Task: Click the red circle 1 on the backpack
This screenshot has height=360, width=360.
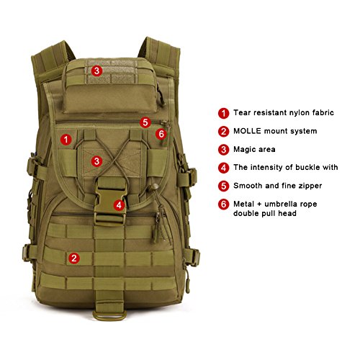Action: coord(66,140)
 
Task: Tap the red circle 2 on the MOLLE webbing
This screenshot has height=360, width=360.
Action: coord(74,258)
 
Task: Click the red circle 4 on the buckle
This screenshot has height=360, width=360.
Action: coord(119,205)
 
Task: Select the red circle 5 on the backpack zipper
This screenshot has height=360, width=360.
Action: coord(145,122)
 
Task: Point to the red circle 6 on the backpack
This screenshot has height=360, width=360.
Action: coord(161,134)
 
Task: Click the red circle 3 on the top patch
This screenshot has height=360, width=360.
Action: coord(96,71)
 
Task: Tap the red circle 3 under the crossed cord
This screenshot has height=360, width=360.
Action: coord(96,161)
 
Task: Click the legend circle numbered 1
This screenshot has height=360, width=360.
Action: coord(223,113)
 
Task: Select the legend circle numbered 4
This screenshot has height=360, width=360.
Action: coord(223,168)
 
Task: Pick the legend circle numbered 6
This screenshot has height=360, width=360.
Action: coord(223,204)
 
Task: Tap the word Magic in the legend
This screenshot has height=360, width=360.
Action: coord(244,150)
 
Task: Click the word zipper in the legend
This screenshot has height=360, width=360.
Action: coord(310,186)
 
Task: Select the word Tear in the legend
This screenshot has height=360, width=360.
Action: coord(242,112)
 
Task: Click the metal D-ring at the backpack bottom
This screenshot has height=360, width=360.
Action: coord(109,318)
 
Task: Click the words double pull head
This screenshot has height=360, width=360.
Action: coord(265,213)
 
